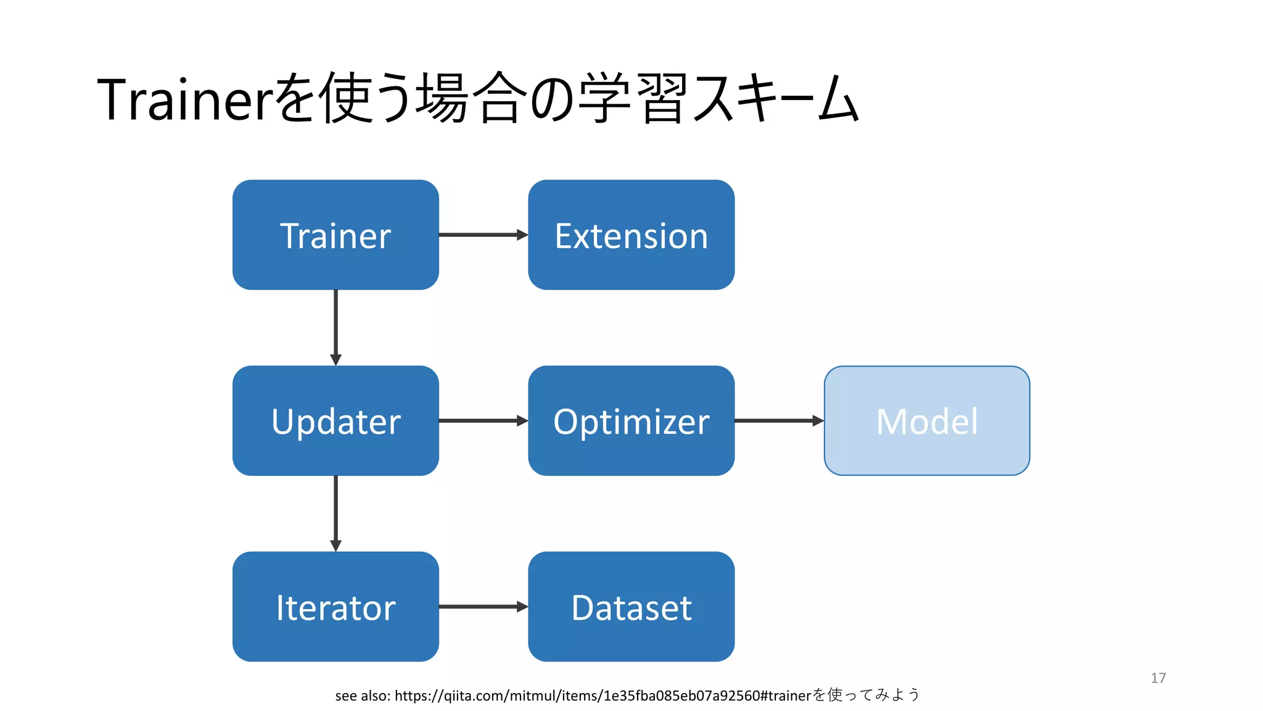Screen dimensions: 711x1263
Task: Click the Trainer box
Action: pyautogui.click(x=335, y=235)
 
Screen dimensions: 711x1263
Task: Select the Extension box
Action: pyautogui.click(x=631, y=235)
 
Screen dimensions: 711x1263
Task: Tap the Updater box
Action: pyautogui.click(x=335, y=421)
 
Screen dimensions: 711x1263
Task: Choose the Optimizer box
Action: pyautogui.click(x=631, y=421)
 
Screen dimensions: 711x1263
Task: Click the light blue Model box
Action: pyautogui.click(x=926, y=421)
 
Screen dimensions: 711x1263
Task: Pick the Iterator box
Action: pyautogui.click(x=335, y=607)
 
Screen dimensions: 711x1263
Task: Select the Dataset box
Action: pyautogui.click(x=631, y=607)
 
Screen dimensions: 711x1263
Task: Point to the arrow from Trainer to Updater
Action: pyautogui.click(x=335, y=327)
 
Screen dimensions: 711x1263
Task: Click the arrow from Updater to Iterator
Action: pyautogui.click(x=335, y=513)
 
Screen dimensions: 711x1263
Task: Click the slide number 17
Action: pyautogui.click(x=1158, y=678)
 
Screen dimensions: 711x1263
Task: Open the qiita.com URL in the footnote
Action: pyautogui.click(x=601, y=696)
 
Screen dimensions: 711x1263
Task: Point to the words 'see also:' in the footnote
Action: pyautogui.click(x=362, y=696)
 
